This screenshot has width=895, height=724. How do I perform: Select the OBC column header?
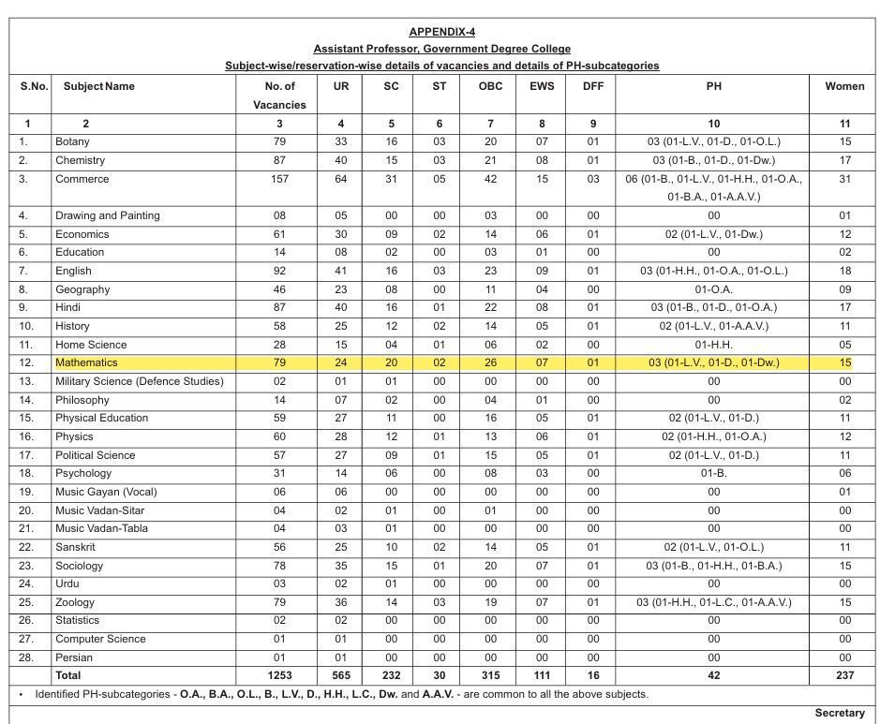(490, 86)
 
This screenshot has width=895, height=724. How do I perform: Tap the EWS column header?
(542, 86)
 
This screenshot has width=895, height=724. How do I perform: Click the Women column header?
(844, 86)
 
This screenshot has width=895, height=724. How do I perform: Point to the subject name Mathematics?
(86, 362)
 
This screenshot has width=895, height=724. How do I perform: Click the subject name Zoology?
(75, 602)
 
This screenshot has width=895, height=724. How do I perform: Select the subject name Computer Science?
(100, 639)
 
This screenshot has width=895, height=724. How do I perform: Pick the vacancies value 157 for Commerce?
(279, 179)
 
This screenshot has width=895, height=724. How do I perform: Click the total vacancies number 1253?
(279, 675)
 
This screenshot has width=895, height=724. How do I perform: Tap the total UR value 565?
(341, 675)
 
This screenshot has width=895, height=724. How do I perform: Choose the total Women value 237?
(844, 675)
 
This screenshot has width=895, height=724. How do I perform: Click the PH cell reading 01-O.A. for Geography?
(714, 289)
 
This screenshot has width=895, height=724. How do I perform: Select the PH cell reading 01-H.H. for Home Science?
(714, 345)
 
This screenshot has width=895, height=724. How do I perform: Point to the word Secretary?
(840, 713)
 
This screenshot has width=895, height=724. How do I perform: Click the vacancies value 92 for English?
(279, 271)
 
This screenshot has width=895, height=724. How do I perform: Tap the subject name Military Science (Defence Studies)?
(140, 381)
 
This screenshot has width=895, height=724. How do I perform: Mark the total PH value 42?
(714, 675)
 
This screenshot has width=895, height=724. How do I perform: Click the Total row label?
(68, 675)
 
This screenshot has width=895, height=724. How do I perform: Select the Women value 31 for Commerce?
(844, 179)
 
